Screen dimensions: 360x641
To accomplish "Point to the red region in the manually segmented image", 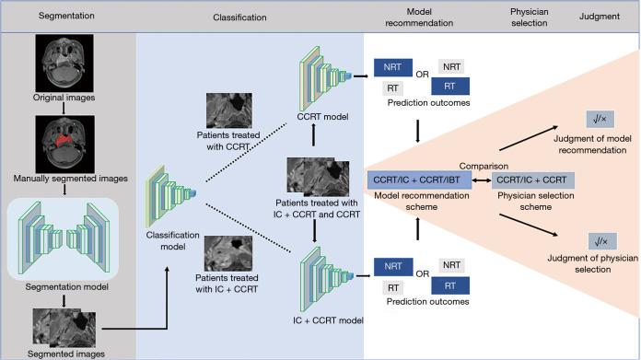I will [x=67, y=139].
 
